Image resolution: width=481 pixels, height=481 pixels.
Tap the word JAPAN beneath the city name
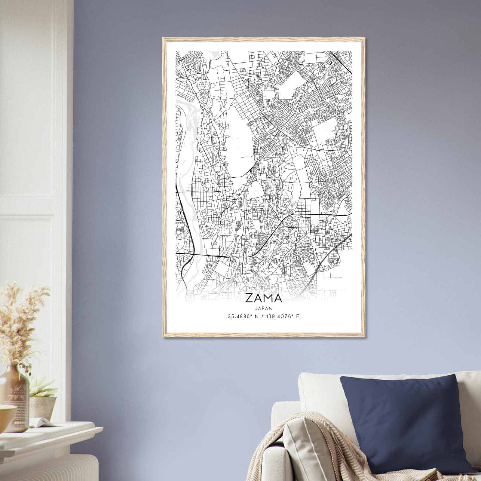coord(264,308)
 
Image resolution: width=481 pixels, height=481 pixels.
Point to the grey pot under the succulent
coord(44,407)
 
